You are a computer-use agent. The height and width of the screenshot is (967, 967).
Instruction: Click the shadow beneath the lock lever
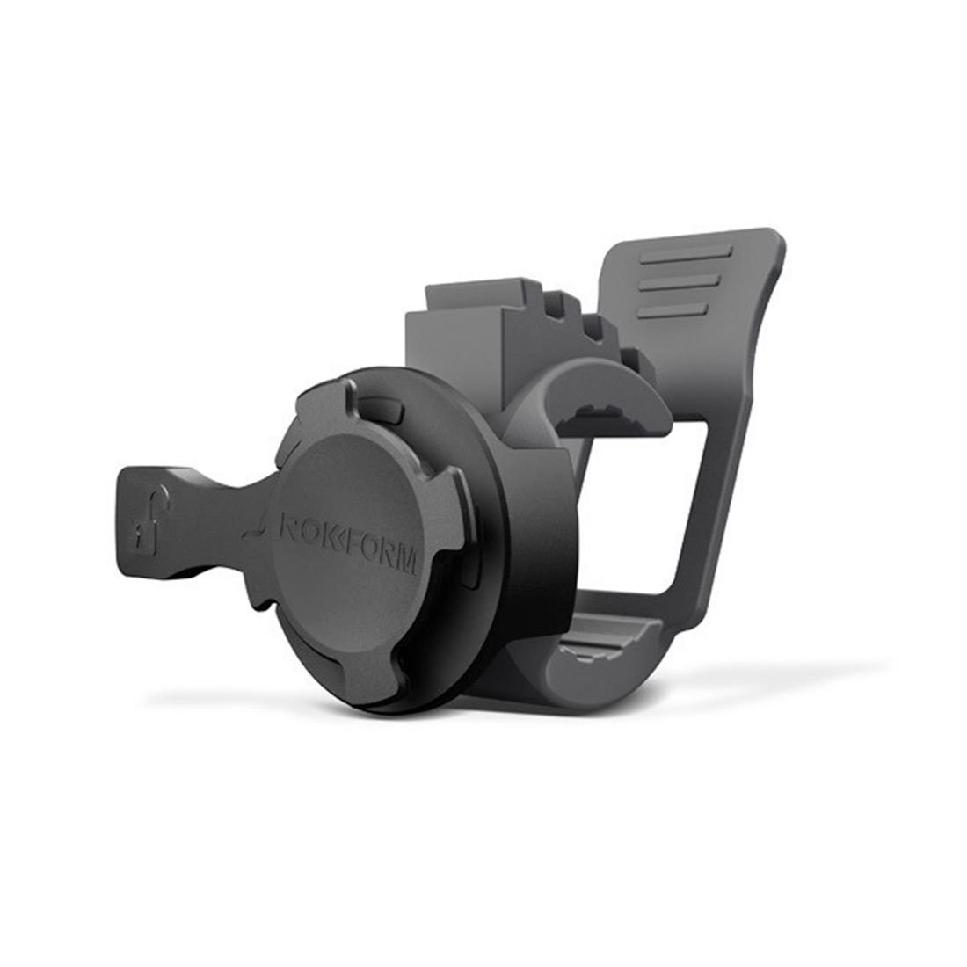[176, 580]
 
